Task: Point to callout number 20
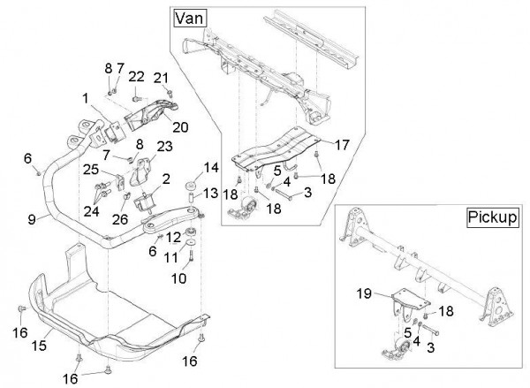point(180,126)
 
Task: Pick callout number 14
point(211,169)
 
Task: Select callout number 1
point(86,97)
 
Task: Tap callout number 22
point(136,76)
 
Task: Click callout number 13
point(211,194)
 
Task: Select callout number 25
point(92,169)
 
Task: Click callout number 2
point(166,179)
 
